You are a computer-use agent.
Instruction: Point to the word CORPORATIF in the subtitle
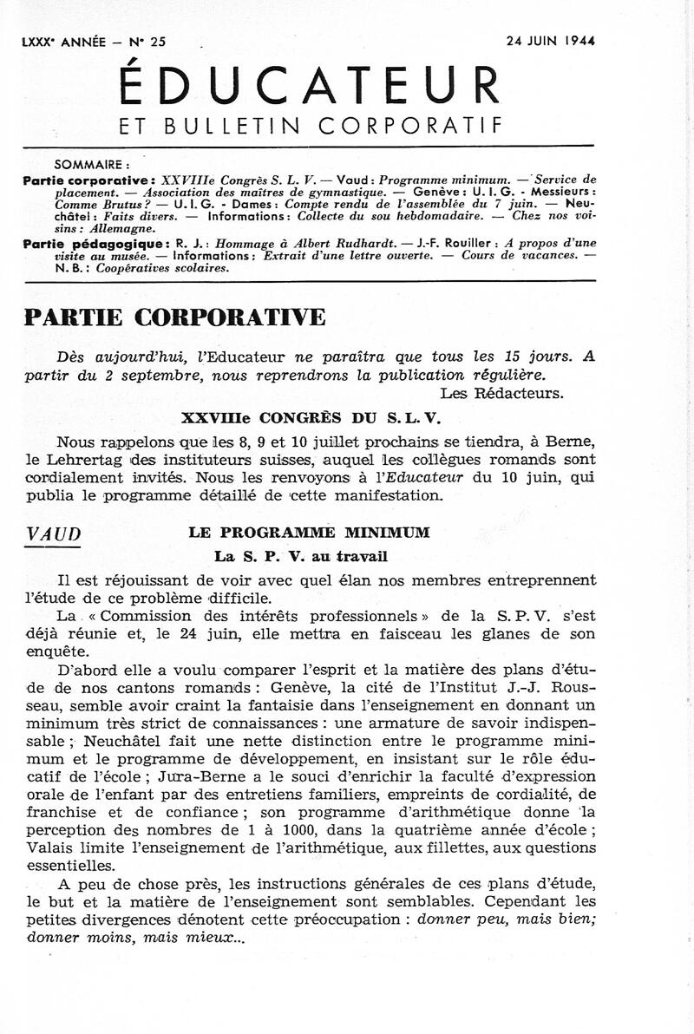click(410, 126)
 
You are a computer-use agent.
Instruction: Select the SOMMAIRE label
click(92, 163)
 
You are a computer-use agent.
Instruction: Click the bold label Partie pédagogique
click(82, 245)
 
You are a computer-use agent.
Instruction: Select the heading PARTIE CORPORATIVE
click(175, 317)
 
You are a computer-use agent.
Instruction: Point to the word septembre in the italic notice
click(183, 374)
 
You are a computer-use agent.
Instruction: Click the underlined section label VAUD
click(53, 535)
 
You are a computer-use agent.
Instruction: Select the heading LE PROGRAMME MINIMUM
click(309, 533)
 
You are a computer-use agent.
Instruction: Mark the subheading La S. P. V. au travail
click(301, 557)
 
